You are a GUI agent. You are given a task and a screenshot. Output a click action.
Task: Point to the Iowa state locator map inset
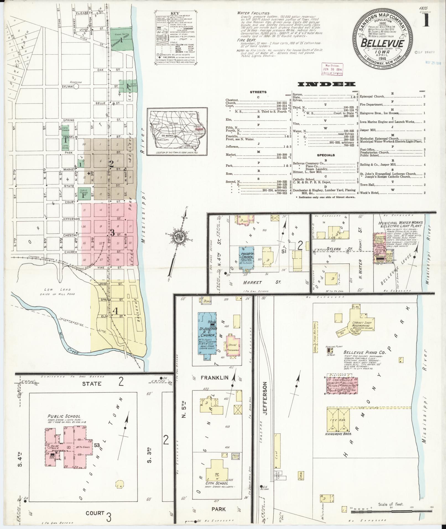[177, 132]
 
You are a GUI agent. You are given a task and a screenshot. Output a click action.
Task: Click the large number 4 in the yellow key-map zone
[115, 311]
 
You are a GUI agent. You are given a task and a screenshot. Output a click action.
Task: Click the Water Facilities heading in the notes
[253, 13]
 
